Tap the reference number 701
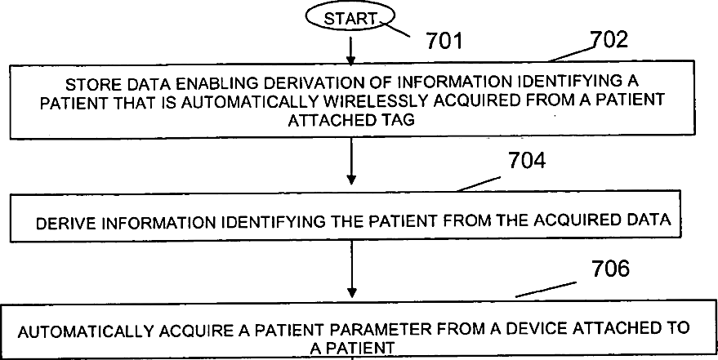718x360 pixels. coord(444,38)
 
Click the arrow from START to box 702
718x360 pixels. coord(350,48)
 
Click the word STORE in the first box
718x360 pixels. coord(87,84)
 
